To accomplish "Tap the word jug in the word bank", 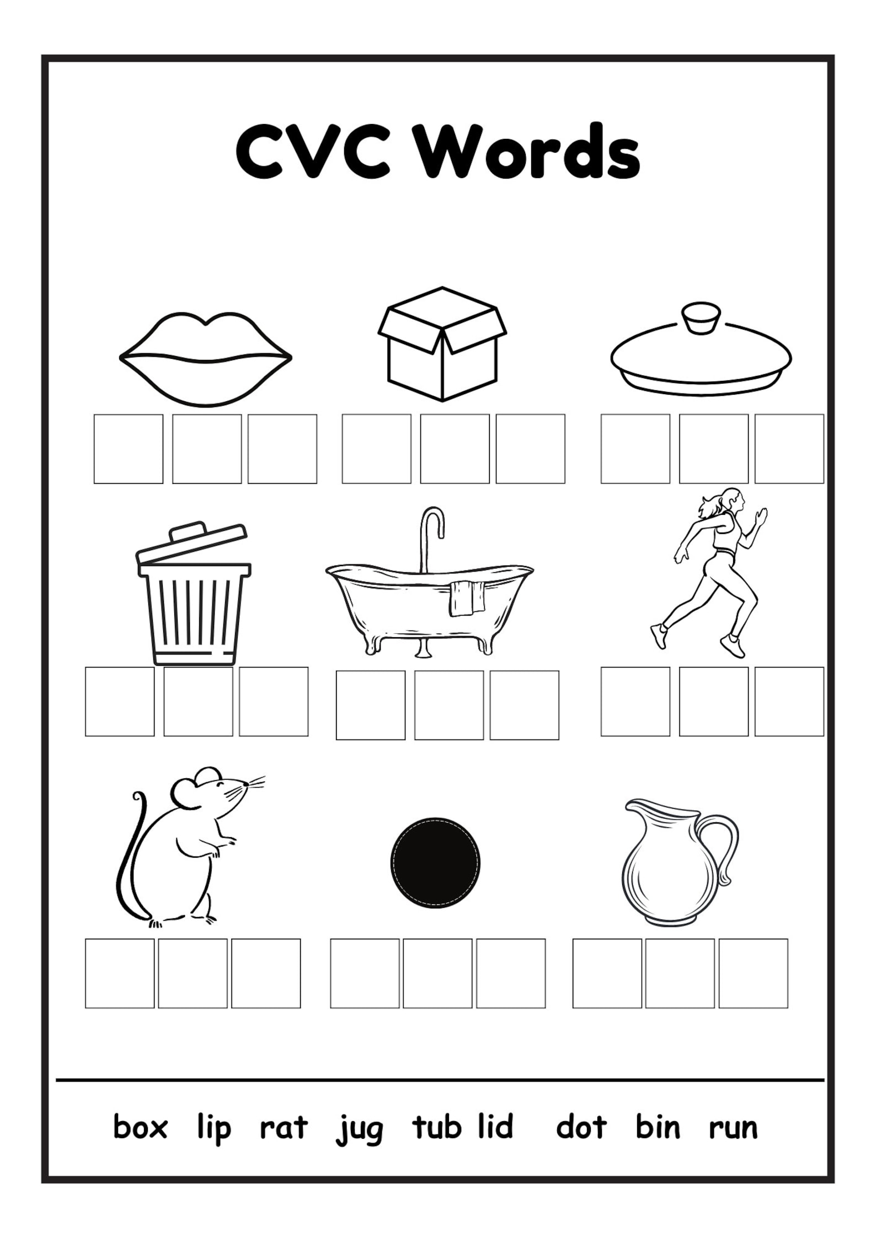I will (359, 1129).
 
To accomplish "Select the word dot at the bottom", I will (581, 1127).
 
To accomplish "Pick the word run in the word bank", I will (733, 1128).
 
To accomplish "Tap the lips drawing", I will (205, 359).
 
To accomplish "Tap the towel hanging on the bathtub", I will (467, 598).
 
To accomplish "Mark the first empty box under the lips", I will (128, 449).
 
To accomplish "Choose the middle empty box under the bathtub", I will (448, 705).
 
